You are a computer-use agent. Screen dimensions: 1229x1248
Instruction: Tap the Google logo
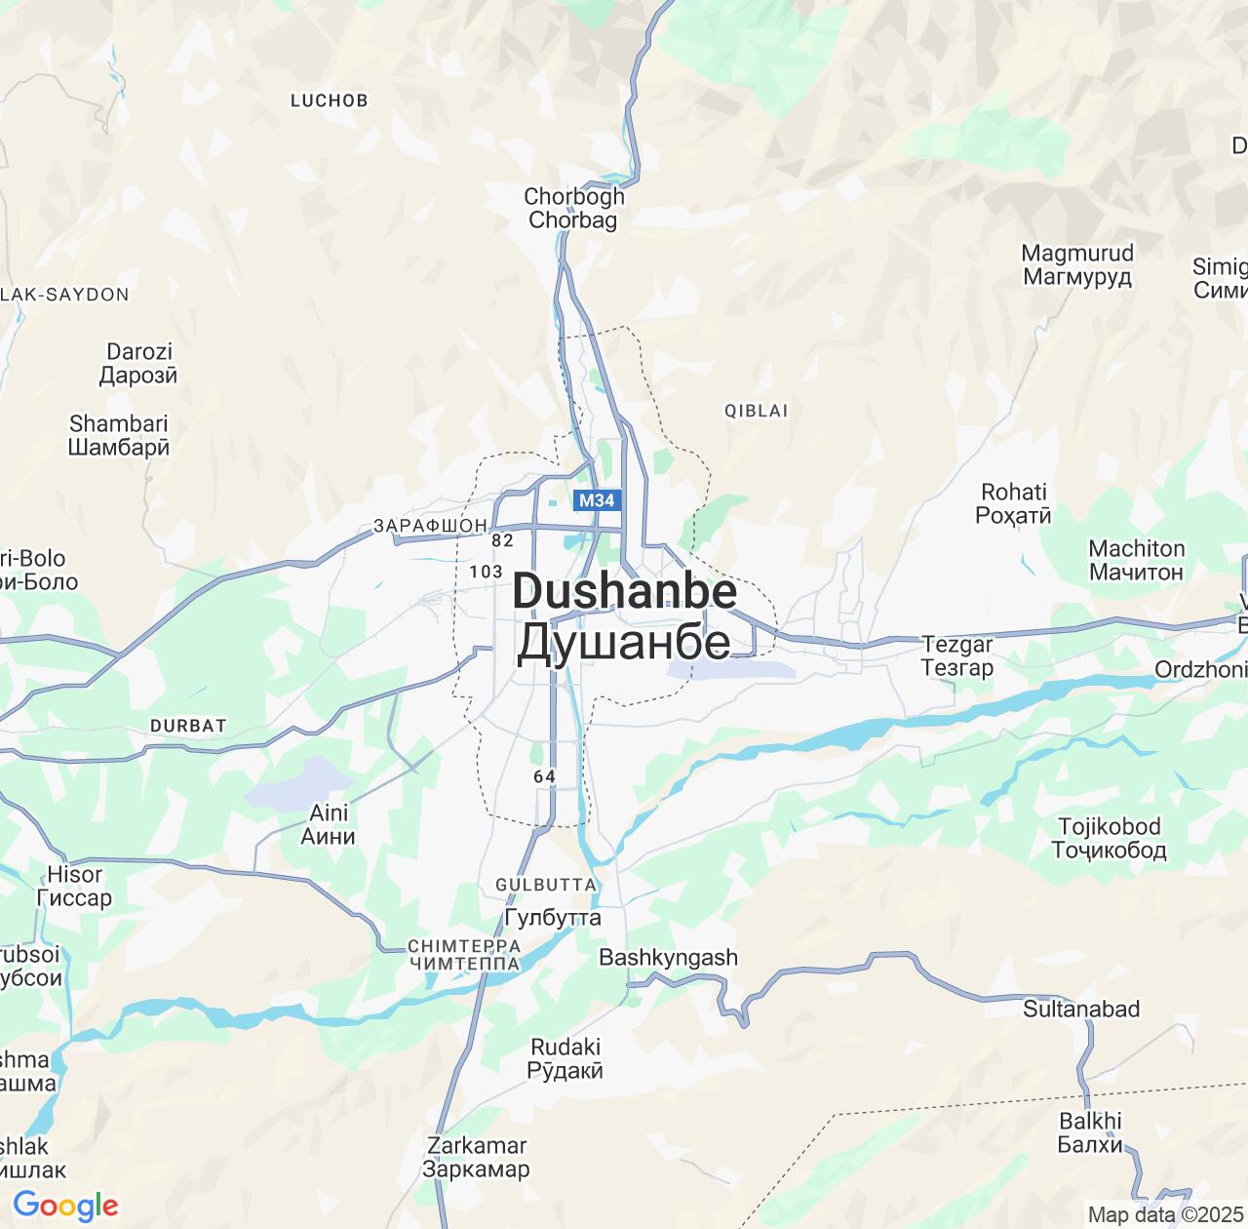[65, 1206]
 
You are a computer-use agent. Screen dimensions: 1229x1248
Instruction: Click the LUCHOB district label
[330, 99]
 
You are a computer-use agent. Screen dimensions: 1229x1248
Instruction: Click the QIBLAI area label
[756, 411]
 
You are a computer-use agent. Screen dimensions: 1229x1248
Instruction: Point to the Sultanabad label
[1081, 1009]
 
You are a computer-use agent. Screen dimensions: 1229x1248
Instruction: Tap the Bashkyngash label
[668, 957]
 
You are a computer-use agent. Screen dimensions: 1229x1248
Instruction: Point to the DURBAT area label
[188, 726]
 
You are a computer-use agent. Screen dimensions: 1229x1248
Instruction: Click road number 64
[544, 776]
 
